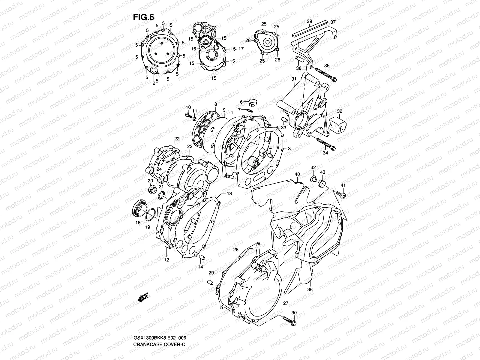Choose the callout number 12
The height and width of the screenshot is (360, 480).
pos(166,260)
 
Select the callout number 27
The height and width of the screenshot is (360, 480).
pos(286,303)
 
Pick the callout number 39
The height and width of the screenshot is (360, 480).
pos(309,21)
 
